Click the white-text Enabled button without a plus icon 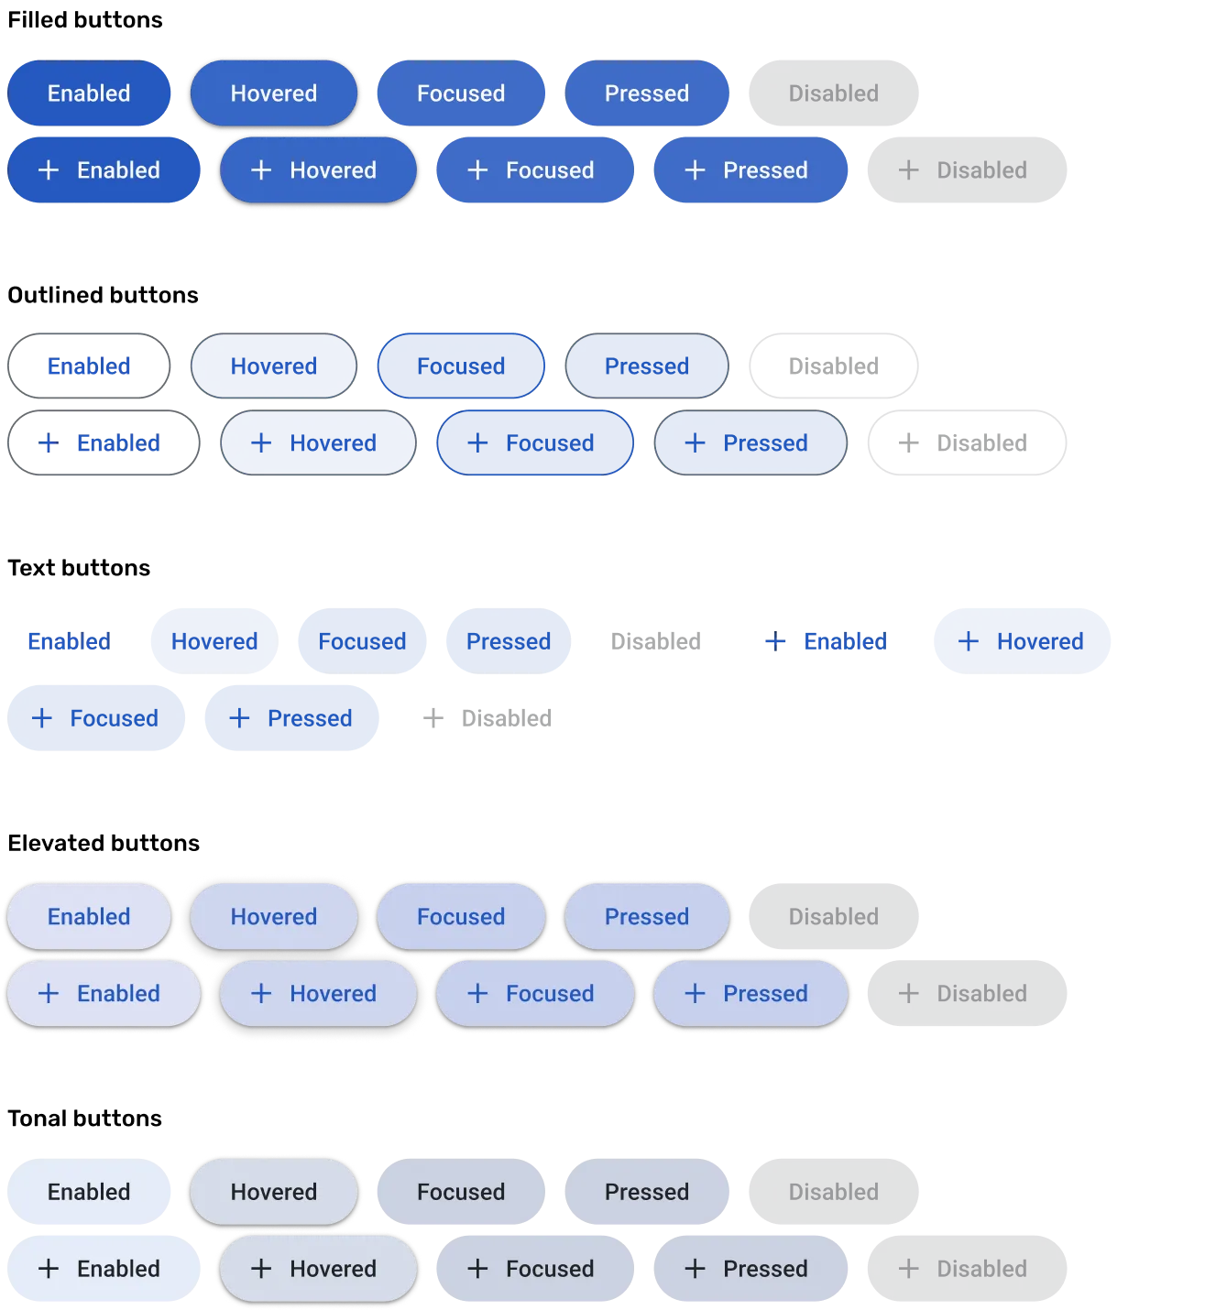[x=89, y=93]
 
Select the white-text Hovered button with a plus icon [x=317, y=170]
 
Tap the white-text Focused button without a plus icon [x=461, y=93]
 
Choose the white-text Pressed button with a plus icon [x=750, y=170]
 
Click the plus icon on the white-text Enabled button [x=49, y=170]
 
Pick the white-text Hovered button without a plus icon [x=273, y=93]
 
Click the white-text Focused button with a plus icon [x=534, y=170]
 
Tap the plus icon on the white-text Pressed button [x=695, y=170]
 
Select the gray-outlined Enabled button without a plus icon [x=89, y=366]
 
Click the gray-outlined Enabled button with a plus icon [x=104, y=443]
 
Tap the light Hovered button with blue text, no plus [x=273, y=917]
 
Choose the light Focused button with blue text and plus [x=534, y=994]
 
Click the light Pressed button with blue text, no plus [x=647, y=917]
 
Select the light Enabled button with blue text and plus [x=104, y=994]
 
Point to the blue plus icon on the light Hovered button [x=261, y=994]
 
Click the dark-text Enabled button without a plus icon [x=89, y=1192]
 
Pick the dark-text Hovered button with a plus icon [x=317, y=1269]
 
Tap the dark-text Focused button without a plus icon [x=461, y=1192]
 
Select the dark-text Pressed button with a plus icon [x=750, y=1269]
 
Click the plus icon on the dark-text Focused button [x=477, y=1269]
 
